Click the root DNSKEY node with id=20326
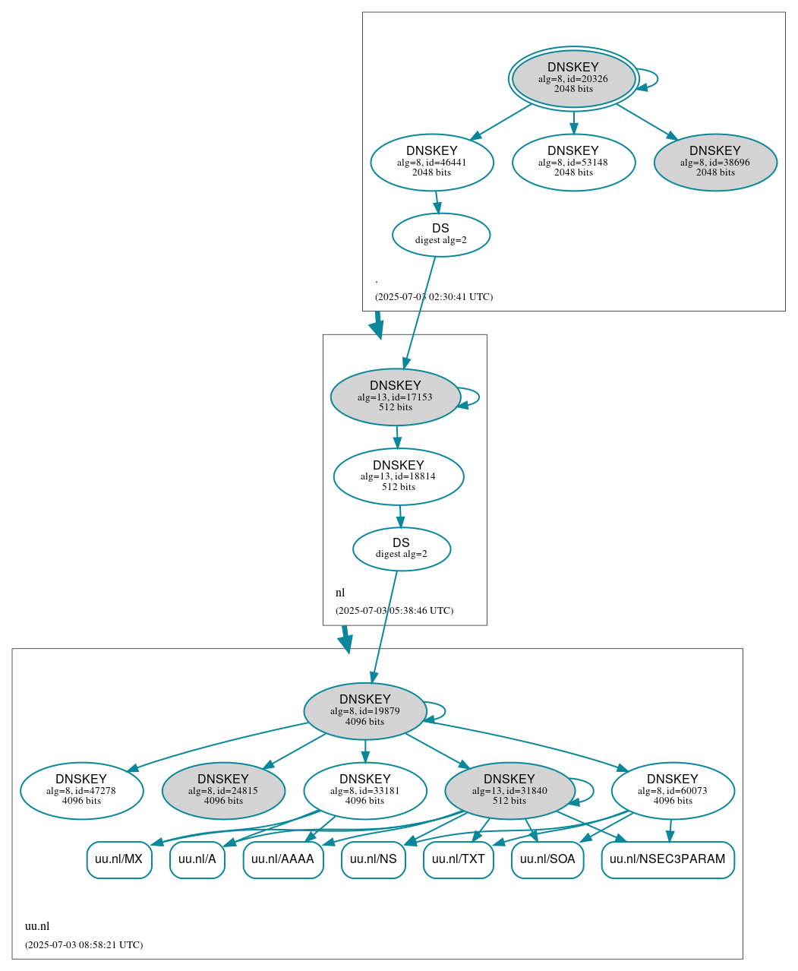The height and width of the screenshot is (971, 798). pyautogui.click(x=573, y=78)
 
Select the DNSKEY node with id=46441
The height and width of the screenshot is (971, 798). pyautogui.click(x=432, y=162)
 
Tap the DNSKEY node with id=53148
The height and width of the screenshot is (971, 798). pyautogui.click(x=573, y=162)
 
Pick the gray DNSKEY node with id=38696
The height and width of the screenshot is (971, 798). pyautogui.click(x=714, y=162)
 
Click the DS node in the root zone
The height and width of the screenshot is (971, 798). pyautogui.click(x=441, y=235)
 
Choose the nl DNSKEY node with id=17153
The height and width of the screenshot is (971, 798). pyautogui.click(x=396, y=397)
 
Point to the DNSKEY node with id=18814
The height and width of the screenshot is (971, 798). pyautogui.click(x=399, y=476)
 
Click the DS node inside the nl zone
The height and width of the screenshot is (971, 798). pyautogui.click(x=402, y=549)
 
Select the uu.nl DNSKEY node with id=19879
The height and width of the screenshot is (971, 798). pyautogui.click(x=365, y=711)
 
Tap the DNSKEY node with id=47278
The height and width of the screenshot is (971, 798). pyautogui.click(x=81, y=791)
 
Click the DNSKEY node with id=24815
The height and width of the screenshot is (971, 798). pyautogui.click(x=223, y=791)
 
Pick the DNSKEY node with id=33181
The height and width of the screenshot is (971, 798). pyautogui.click(x=365, y=791)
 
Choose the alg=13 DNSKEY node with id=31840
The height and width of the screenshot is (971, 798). pyautogui.click(x=509, y=791)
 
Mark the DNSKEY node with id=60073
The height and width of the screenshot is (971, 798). pyautogui.click(x=673, y=791)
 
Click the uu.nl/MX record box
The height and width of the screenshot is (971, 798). pyautogui.click(x=119, y=859)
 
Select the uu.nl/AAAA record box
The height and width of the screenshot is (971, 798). pyautogui.click(x=282, y=859)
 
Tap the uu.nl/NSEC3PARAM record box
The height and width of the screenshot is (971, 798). pyautogui.click(x=667, y=859)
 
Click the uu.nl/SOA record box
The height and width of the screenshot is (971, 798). pyautogui.click(x=547, y=859)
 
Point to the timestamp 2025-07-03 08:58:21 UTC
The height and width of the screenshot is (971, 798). pyautogui.click(x=84, y=945)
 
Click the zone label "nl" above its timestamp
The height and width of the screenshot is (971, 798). pyautogui.click(x=340, y=593)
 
